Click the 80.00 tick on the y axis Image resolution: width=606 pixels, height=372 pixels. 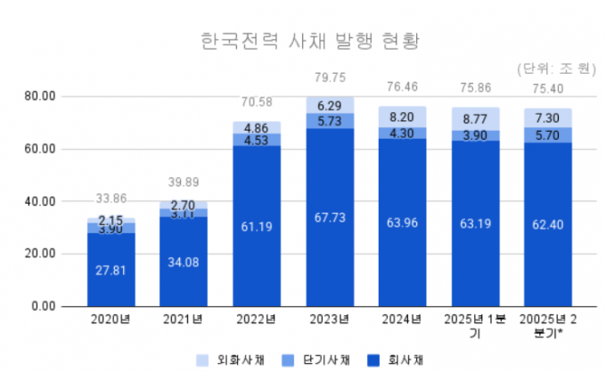39,95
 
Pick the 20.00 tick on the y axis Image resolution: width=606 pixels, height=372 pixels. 39,254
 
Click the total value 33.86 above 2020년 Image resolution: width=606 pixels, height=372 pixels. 111,198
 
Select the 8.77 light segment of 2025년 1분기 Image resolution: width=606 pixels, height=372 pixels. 475,117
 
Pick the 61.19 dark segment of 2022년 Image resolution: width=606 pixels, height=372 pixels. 257,226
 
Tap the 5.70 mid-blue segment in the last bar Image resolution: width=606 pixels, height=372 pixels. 548,135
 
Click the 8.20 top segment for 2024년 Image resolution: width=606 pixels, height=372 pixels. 402,117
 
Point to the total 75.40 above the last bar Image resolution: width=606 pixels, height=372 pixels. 548,88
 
